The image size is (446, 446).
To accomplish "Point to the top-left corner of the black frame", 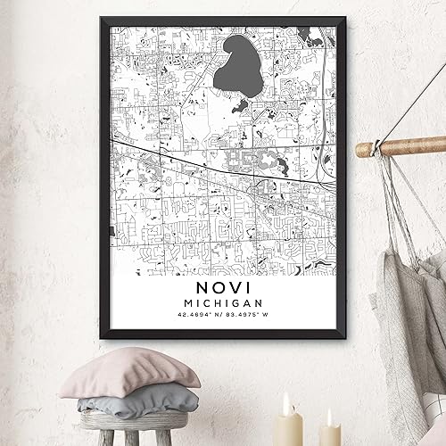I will pos(97,16).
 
